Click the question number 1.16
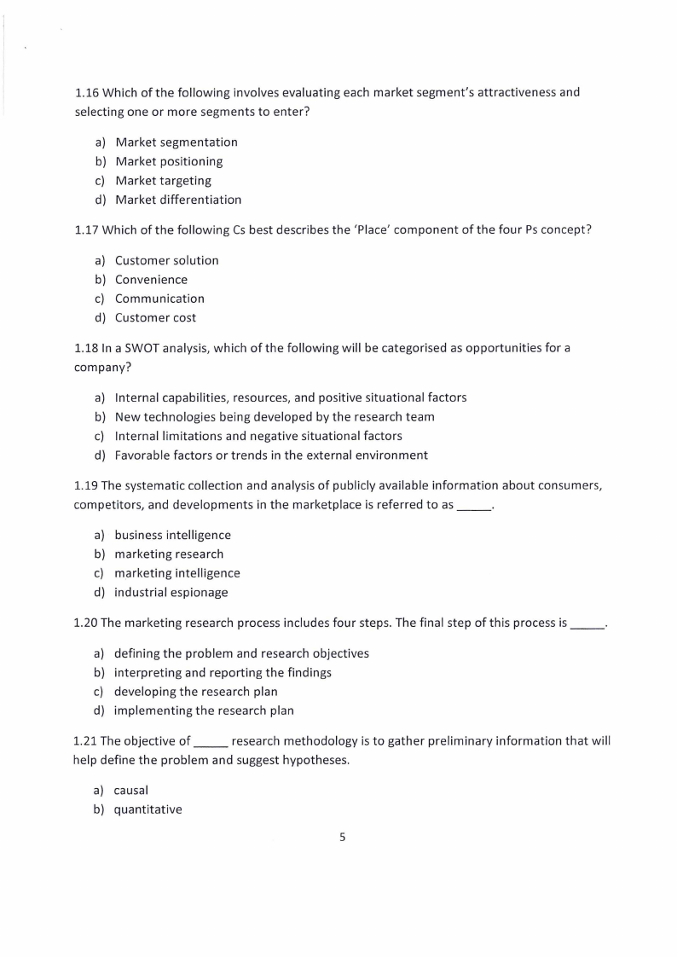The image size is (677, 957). (86, 92)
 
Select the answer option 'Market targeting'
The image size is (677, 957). (163, 181)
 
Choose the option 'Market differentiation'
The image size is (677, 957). (178, 200)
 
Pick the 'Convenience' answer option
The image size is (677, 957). (151, 280)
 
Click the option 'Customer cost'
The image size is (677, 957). (155, 318)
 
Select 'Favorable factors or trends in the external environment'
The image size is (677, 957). (271, 455)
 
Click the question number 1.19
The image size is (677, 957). (86, 485)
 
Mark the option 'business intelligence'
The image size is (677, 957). (172, 536)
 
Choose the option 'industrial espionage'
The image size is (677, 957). (171, 593)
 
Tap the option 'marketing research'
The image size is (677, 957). (169, 554)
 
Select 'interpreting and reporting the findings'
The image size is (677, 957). (223, 673)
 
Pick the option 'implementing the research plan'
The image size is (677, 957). (204, 711)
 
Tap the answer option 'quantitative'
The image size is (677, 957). (148, 810)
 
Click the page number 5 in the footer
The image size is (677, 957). (343, 838)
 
